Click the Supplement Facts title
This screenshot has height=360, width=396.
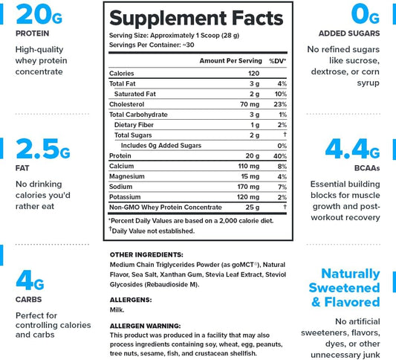coord(196,18)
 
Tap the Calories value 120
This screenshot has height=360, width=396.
coord(253,74)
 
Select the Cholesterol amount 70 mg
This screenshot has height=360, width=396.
coord(250,104)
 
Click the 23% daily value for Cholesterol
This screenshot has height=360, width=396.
coord(280,104)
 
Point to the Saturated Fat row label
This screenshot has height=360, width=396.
coord(135,94)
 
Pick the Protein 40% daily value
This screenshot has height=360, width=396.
coord(280,156)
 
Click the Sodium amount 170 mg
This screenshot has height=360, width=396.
coord(248,187)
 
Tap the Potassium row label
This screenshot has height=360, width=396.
coord(125,197)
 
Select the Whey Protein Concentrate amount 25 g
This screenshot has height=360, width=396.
coord(253,208)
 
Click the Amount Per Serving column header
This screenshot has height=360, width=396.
coord(230,61)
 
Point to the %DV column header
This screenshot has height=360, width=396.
coord(277,61)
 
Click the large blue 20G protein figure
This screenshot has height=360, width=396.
coord(39,14)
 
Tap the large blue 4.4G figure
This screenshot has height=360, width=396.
coord(352,149)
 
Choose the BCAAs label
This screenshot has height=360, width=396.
coord(367,168)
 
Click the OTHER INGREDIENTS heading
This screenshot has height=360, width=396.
coord(146,254)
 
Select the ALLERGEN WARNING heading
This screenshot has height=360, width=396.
coord(145,326)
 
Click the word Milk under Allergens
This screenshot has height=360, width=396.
coord(117,309)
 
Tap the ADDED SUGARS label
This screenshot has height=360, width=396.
coord(349,33)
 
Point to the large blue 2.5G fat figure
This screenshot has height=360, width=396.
coord(43,149)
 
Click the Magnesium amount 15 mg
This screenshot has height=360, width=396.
coord(250,176)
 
